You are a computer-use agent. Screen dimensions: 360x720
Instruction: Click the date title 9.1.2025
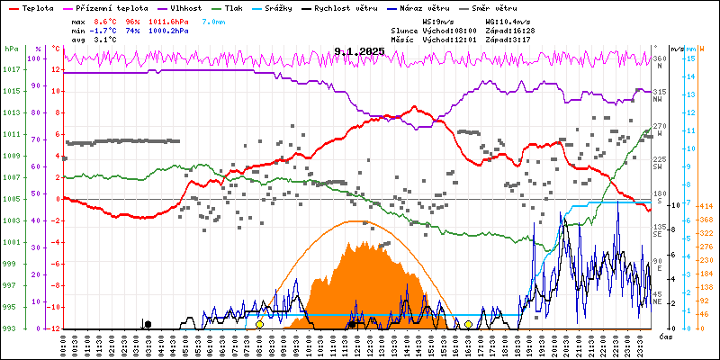point(359,52)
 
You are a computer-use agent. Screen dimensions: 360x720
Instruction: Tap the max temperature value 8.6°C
point(105,20)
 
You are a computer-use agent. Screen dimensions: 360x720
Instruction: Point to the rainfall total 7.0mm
point(214,20)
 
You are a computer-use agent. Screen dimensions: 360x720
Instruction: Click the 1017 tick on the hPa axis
point(11,69)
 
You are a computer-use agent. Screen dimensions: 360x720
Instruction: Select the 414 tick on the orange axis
point(706,204)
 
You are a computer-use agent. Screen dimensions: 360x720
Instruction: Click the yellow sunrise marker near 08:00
point(259,324)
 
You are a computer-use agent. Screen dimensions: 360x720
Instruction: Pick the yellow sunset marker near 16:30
point(468,324)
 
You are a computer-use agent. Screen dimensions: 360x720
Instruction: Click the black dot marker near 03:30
point(148,324)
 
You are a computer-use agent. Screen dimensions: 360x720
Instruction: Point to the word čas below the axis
point(666,337)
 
